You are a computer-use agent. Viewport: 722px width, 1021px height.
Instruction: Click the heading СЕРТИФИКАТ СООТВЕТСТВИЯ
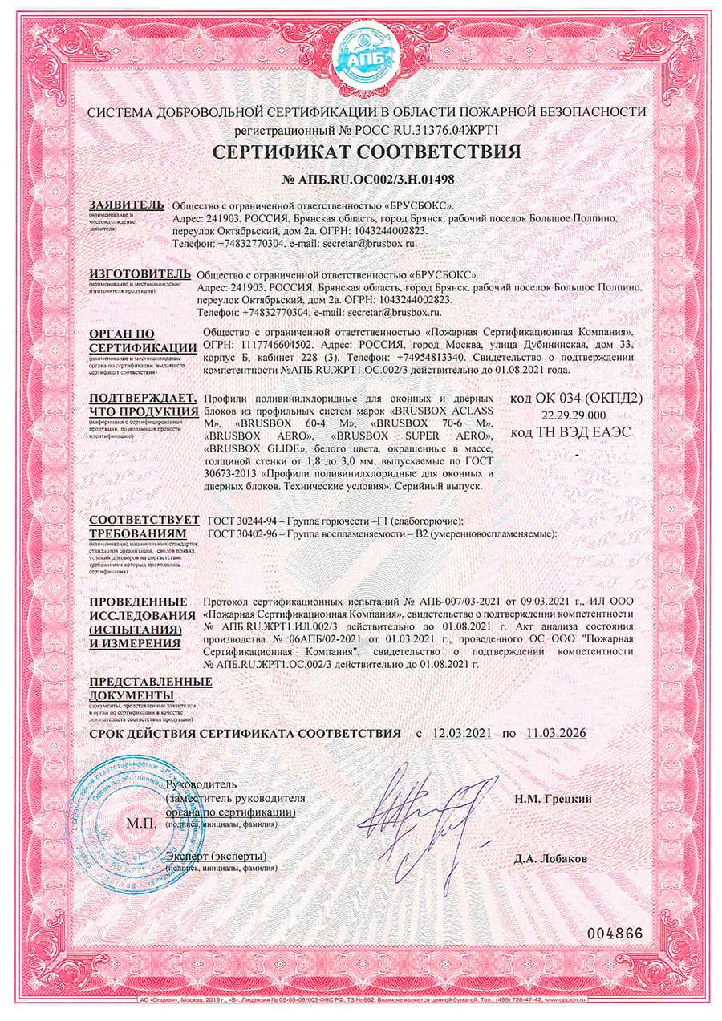coord(366,152)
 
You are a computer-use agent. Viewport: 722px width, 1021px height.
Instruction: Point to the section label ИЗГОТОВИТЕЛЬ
coord(140,274)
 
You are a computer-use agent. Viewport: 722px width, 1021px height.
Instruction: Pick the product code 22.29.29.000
coord(573,415)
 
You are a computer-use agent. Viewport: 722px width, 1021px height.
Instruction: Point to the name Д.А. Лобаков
coord(551,859)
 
